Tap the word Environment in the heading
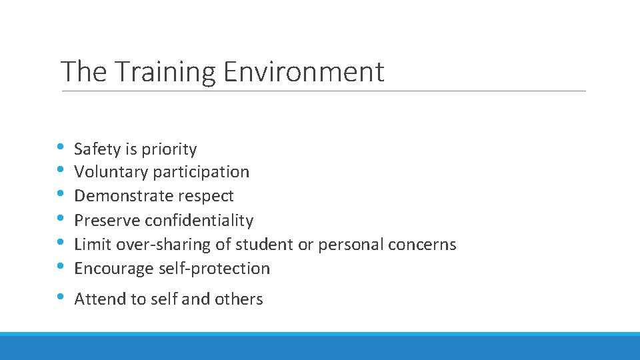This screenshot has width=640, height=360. (x=304, y=72)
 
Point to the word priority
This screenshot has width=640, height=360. (x=169, y=149)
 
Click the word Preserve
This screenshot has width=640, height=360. (x=107, y=220)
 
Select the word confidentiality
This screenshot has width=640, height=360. (x=199, y=220)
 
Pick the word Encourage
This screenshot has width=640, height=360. (x=115, y=269)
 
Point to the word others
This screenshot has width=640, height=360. (x=239, y=299)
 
